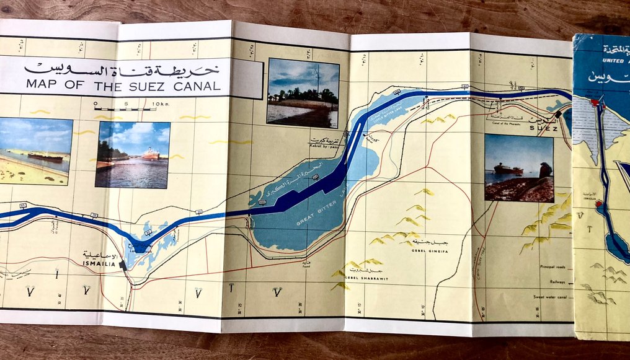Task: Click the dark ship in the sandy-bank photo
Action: pyautogui.click(x=45, y=158)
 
